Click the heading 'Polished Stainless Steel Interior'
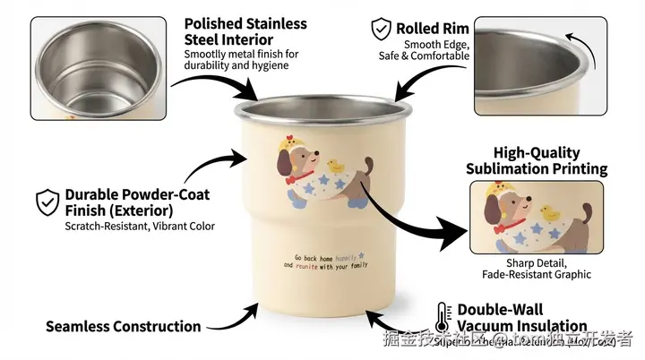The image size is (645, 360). [x=245, y=31]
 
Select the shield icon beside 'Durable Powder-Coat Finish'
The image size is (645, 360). [x=47, y=202]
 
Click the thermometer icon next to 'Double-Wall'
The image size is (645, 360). [x=442, y=318]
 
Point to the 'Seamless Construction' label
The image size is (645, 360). [x=123, y=327]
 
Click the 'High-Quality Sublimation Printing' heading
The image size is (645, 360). [x=537, y=161]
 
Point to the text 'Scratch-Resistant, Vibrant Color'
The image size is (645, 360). [x=140, y=227]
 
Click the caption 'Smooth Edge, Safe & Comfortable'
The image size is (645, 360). [x=436, y=50]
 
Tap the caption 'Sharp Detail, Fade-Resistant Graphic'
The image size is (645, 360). [x=536, y=269]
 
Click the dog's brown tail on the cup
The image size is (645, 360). [x=368, y=164]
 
